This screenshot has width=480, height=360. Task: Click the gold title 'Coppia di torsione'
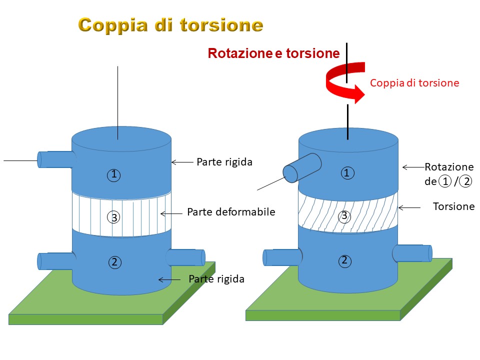coord(170,25)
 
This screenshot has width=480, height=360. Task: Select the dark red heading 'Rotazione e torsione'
coord(273,53)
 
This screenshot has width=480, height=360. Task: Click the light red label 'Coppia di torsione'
coord(414,83)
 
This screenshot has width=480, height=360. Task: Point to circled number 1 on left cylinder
coord(114,175)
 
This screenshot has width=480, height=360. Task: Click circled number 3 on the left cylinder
coord(113,217)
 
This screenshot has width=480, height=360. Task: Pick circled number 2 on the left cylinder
coord(115,262)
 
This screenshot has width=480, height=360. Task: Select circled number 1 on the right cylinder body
coord(347,173)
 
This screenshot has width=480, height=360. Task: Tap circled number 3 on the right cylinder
coord(344,216)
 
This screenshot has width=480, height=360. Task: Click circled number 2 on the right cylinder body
coord(344,261)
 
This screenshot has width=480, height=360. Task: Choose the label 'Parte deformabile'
coord(231,212)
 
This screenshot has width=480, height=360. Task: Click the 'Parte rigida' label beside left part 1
coord(224,162)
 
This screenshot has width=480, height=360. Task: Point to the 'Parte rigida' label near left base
coord(216,279)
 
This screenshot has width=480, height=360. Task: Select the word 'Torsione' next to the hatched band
coord(453,206)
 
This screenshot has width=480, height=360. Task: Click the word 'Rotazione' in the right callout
coord(449,167)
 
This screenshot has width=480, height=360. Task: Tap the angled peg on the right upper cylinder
coord(302,168)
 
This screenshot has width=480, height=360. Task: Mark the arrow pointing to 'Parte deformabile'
coord(171,213)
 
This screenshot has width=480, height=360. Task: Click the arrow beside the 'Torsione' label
coord(409,208)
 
